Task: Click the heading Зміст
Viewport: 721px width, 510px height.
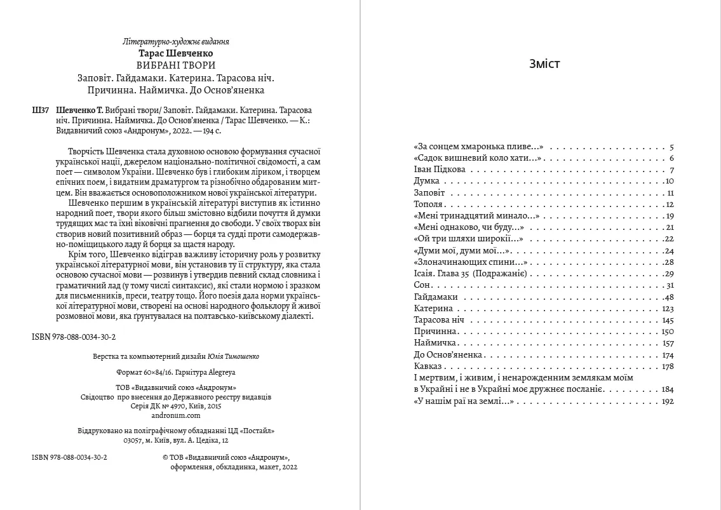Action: pos(544,64)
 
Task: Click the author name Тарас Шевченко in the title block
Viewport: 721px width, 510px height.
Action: pos(175,53)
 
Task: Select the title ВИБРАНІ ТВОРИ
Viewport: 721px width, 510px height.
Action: pos(176,65)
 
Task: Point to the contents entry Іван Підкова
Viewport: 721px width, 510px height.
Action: pos(439,170)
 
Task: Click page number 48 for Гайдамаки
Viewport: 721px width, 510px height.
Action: pos(667,297)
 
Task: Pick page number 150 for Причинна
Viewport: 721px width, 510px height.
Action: pos(667,332)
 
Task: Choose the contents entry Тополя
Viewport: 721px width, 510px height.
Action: pos(428,205)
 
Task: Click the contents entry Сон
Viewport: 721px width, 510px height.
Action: pos(421,285)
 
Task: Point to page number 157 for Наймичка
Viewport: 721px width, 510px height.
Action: pos(667,343)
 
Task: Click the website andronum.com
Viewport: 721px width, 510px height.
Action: pos(176,415)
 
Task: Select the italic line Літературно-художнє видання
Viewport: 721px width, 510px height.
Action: pos(175,42)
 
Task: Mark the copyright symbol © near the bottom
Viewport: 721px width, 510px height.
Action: pos(165,457)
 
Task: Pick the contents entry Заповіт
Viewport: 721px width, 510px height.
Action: pos(429,192)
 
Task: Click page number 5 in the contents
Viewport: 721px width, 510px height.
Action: pos(671,147)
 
